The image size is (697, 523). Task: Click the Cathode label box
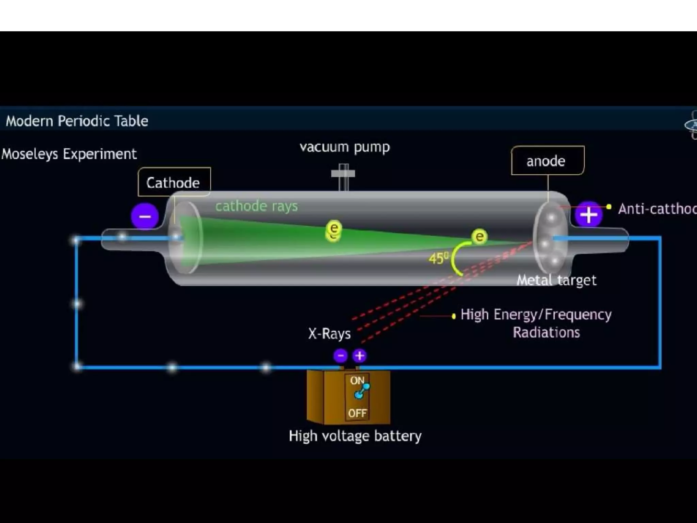click(174, 182)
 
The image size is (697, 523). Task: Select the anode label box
click(547, 161)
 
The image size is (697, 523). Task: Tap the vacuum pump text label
click(344, 147)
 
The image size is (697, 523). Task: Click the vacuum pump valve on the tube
click(343, 175)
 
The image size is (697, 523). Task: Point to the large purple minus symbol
click(145, 216)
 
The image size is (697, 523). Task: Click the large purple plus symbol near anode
click(588, 215)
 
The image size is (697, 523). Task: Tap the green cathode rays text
click(256, 206)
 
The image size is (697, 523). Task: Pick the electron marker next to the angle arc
click(479, 236)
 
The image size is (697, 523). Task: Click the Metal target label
click(556, 280)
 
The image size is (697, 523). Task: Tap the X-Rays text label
click(329, 334)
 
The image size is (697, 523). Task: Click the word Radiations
click(546, 332)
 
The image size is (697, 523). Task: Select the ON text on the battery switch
click(357, 380)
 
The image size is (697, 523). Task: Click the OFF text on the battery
click(357, 413)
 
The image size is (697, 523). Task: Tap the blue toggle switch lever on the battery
click(361, 391)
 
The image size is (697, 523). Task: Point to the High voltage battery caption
click(355, 436)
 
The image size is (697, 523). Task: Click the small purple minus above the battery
click(340, 356)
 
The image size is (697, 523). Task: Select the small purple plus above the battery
click(359, 356)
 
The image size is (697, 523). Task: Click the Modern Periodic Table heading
click(77, 121)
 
